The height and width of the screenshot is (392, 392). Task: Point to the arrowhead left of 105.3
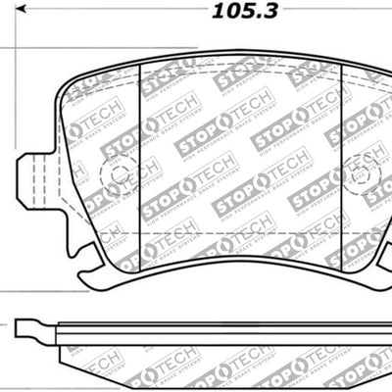point(29,14)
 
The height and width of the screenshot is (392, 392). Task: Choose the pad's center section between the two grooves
point(240,167)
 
